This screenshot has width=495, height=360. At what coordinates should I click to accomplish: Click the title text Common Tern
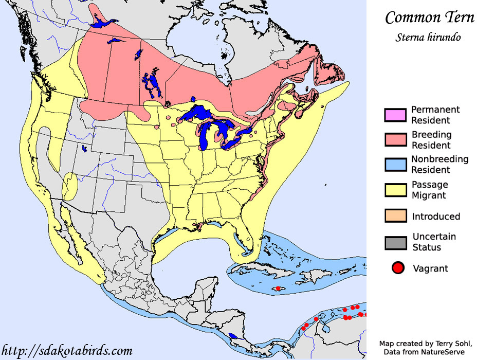tap(430, 17)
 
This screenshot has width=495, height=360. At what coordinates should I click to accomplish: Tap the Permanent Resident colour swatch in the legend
tap(395, 115)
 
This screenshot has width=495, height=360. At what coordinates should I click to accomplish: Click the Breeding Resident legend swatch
tap(395, 140)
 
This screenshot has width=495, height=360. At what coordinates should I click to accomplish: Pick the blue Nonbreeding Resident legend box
tap(395, 165)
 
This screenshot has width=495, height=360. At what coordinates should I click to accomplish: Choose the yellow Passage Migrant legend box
tap(395, 190)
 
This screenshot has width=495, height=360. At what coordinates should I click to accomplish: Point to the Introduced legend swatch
tap(395, 216)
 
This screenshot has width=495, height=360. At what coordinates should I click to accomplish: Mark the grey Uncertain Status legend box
tap(395, 242)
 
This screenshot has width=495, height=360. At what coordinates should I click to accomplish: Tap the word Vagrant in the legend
tap(430, 268)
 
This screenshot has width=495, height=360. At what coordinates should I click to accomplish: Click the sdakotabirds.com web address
tap(67, 351)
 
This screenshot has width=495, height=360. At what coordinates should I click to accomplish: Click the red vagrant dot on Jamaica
tap(278, 289)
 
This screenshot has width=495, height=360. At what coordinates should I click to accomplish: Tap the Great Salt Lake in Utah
tap(84, 149)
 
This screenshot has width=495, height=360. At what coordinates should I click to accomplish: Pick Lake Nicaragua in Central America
tap(232, 336)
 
